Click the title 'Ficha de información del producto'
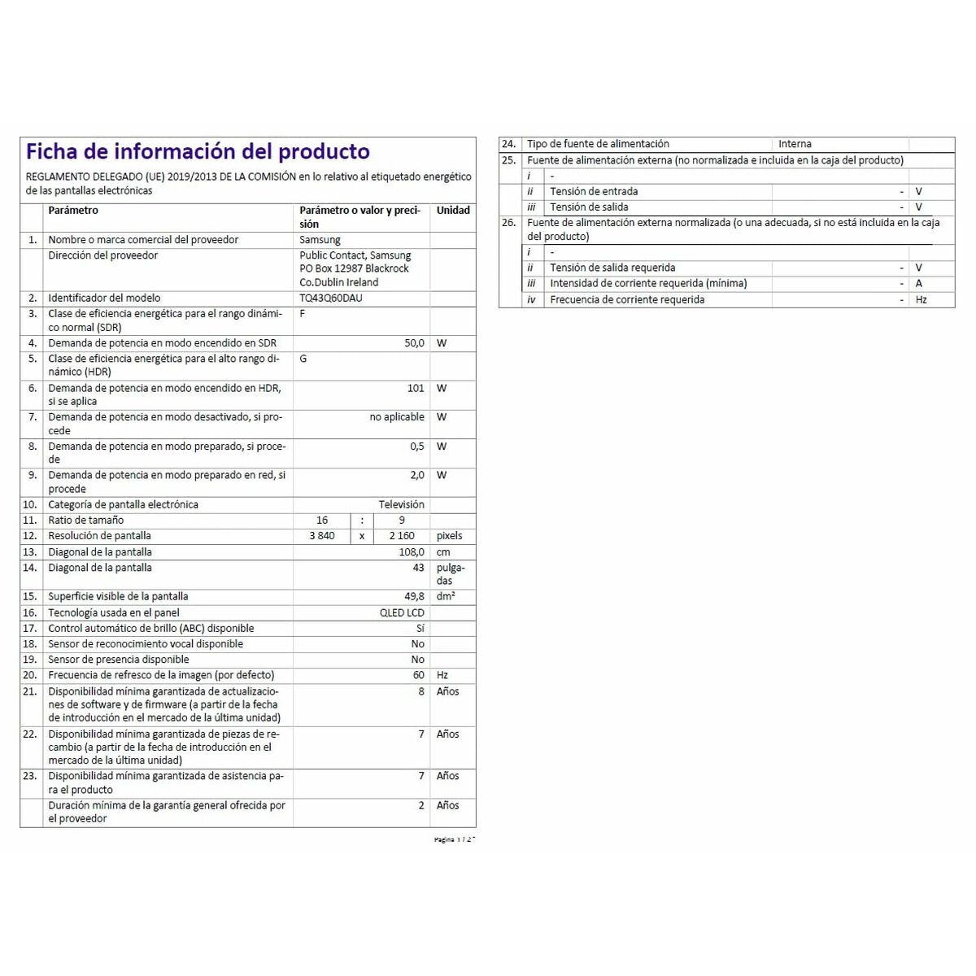[x=198, y=152]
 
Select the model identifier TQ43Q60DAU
[x=330, y=298]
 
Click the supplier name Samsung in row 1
[x=320, y=240]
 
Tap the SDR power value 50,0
[x=414, y=343]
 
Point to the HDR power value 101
[x=416, y=389]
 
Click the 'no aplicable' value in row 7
[x=397, y=417]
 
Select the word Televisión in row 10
[x=401, y=505]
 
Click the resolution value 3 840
[x=321, y=536]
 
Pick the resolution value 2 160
[x=402, y=536]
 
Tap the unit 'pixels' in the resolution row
[x=449, y=536]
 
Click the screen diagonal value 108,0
[x=410, y=552]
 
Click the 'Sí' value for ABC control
[x=420, y=629]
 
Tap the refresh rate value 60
[x=418, y=675]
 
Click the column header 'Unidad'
[x=453, y=211]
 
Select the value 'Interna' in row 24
[x=795, y=144]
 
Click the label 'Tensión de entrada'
[x=594, y=192]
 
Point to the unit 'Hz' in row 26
[x=921, y=300]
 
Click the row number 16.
[x=30, y=613]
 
